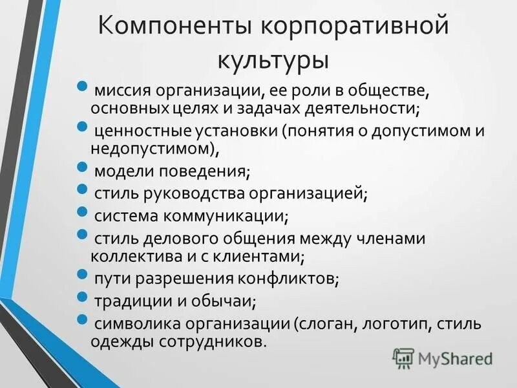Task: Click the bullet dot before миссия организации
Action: coord(81,86)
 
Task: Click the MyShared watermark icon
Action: coord(403,358)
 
